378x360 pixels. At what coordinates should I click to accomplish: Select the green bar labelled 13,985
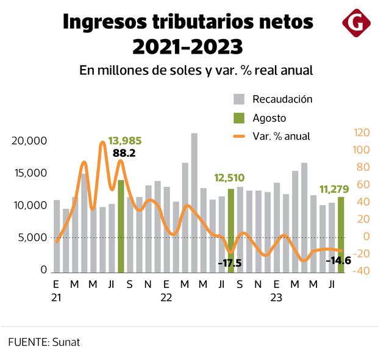pyautogui.click(x=121, y=226)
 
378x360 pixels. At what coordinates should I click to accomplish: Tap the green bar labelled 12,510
pyautogui.click(x=231, y=230)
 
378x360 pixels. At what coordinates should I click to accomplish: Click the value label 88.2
pyautogui.click(x=124, y=153)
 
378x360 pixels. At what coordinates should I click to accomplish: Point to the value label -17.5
pyautogui.click(x=229, y=264)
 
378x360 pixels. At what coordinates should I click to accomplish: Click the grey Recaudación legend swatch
pyautogui.click(x=240, y=99)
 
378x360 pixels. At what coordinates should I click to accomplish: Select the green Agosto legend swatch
pyautogui.click(x=240, y=118)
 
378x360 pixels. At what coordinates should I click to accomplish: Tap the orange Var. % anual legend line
pyautogui.click(x=240, y=136)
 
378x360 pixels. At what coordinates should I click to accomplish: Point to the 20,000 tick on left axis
pyautogui.click(x=29, y=141)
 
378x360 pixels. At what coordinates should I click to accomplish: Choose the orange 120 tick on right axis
pyautogui.click(x=362, y=132)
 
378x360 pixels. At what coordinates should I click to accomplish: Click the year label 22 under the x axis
pyautogui.click(x=166, y=298)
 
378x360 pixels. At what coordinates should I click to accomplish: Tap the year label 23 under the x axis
pyautogui.click(x=276, y=298)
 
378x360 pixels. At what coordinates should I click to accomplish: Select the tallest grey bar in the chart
pyautogui.click(x=194, y=203)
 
